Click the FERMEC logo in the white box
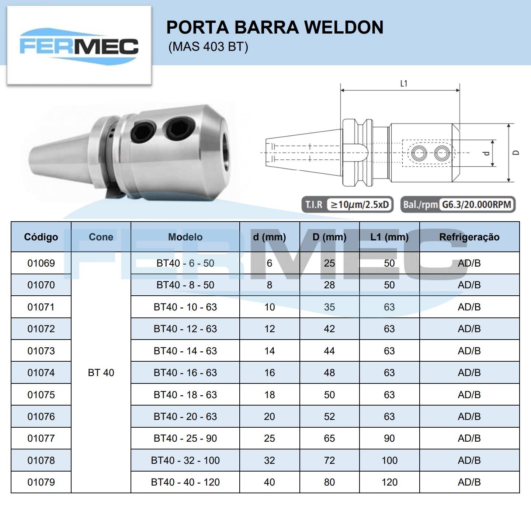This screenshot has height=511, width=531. [79, 46]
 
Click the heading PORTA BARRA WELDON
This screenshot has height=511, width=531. [275, 27]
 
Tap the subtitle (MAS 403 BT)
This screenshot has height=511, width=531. [208, 47]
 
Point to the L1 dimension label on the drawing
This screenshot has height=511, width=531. [404, 83]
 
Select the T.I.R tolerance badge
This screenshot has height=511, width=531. [347, 204]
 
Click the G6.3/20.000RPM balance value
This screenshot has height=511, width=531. [476, 204]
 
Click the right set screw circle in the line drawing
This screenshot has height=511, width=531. [442, 153]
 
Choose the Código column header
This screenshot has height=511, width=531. [41, 237]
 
